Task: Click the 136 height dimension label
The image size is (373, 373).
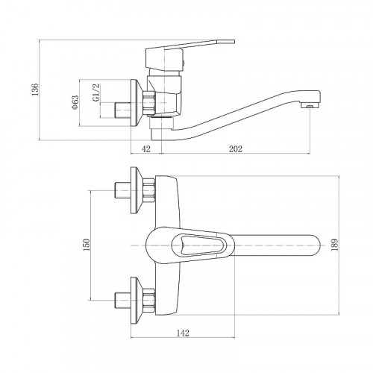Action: [x=35, y=90]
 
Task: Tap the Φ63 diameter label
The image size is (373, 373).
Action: [x=75, y=102]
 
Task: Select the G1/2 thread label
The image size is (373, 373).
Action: [x=96, y=93]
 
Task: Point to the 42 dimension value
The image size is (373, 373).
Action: [x=146, y=149]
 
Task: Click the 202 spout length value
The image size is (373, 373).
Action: [x=235, y=149]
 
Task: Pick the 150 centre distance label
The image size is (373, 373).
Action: [x=87, y=245]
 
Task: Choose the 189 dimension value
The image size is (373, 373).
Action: [x=334, y=245]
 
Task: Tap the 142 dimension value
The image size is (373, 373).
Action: [x=183, y=333]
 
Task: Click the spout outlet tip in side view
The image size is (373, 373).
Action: [x=310, y=105]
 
